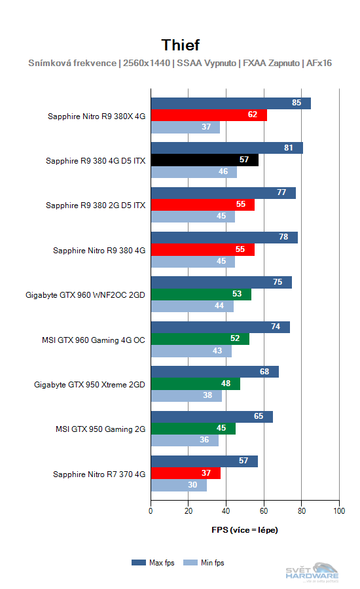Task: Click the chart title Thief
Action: [x=180, y=45]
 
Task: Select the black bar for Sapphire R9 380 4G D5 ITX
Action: [x=204, y=160]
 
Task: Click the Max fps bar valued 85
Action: [x=230, y=103]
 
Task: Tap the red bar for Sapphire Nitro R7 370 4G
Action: [x=185, y=473]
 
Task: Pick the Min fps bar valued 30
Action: [x=179, y=485]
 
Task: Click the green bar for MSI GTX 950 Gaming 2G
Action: [x=193, y=429]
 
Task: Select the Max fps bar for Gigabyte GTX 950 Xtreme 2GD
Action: [x=215, y=372]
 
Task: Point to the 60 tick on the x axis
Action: [x=264, y=510]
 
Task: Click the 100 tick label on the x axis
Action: [x=338, y=510]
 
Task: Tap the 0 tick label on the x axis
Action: [x=151, y=510]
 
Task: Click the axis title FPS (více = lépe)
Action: [x=244, y=529]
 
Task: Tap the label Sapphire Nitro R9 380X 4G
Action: [x=96, y=116]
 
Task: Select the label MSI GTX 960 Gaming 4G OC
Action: [x=93, y=340]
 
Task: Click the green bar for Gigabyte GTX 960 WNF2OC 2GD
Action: [x=201, y=294]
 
